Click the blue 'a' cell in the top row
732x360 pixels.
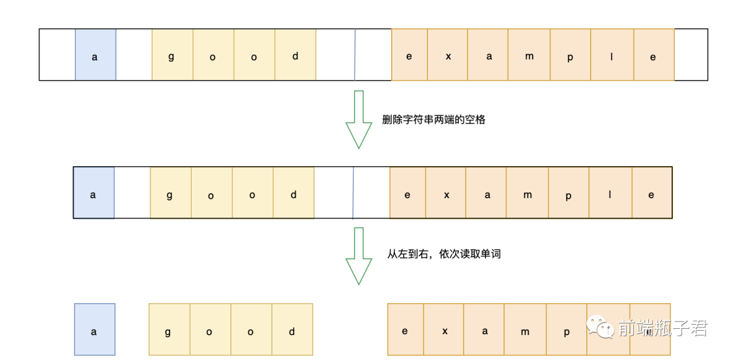(x=95, y=55)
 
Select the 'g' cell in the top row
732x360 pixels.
(x=171, y=55)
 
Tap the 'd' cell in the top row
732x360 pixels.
(x=296, y=55)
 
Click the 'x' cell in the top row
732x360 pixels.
(x=448, y=55)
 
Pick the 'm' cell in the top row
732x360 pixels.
(x=529, y=55)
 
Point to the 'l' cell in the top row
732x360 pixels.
(x=611, y=55)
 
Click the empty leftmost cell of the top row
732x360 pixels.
(x=58, y=55)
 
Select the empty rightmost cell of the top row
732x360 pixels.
(x=691, y=55)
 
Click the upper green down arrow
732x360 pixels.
(x=359, y=119)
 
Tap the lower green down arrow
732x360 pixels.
(x=359, y=256)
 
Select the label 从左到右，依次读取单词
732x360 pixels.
(x=444, y=254)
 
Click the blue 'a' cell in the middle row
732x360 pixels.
(x=94, y=193)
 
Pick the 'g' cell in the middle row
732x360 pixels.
(x=170, y=193)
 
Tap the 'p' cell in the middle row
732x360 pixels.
(x=568, y=193)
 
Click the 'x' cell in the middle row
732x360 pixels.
(x=447, y=193)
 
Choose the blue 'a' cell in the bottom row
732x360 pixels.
(x=95, y=330)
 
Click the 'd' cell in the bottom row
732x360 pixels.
(x=292, y=330)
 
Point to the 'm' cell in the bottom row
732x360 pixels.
(x=525, y=330)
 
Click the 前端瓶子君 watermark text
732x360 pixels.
(x=662, y=329)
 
